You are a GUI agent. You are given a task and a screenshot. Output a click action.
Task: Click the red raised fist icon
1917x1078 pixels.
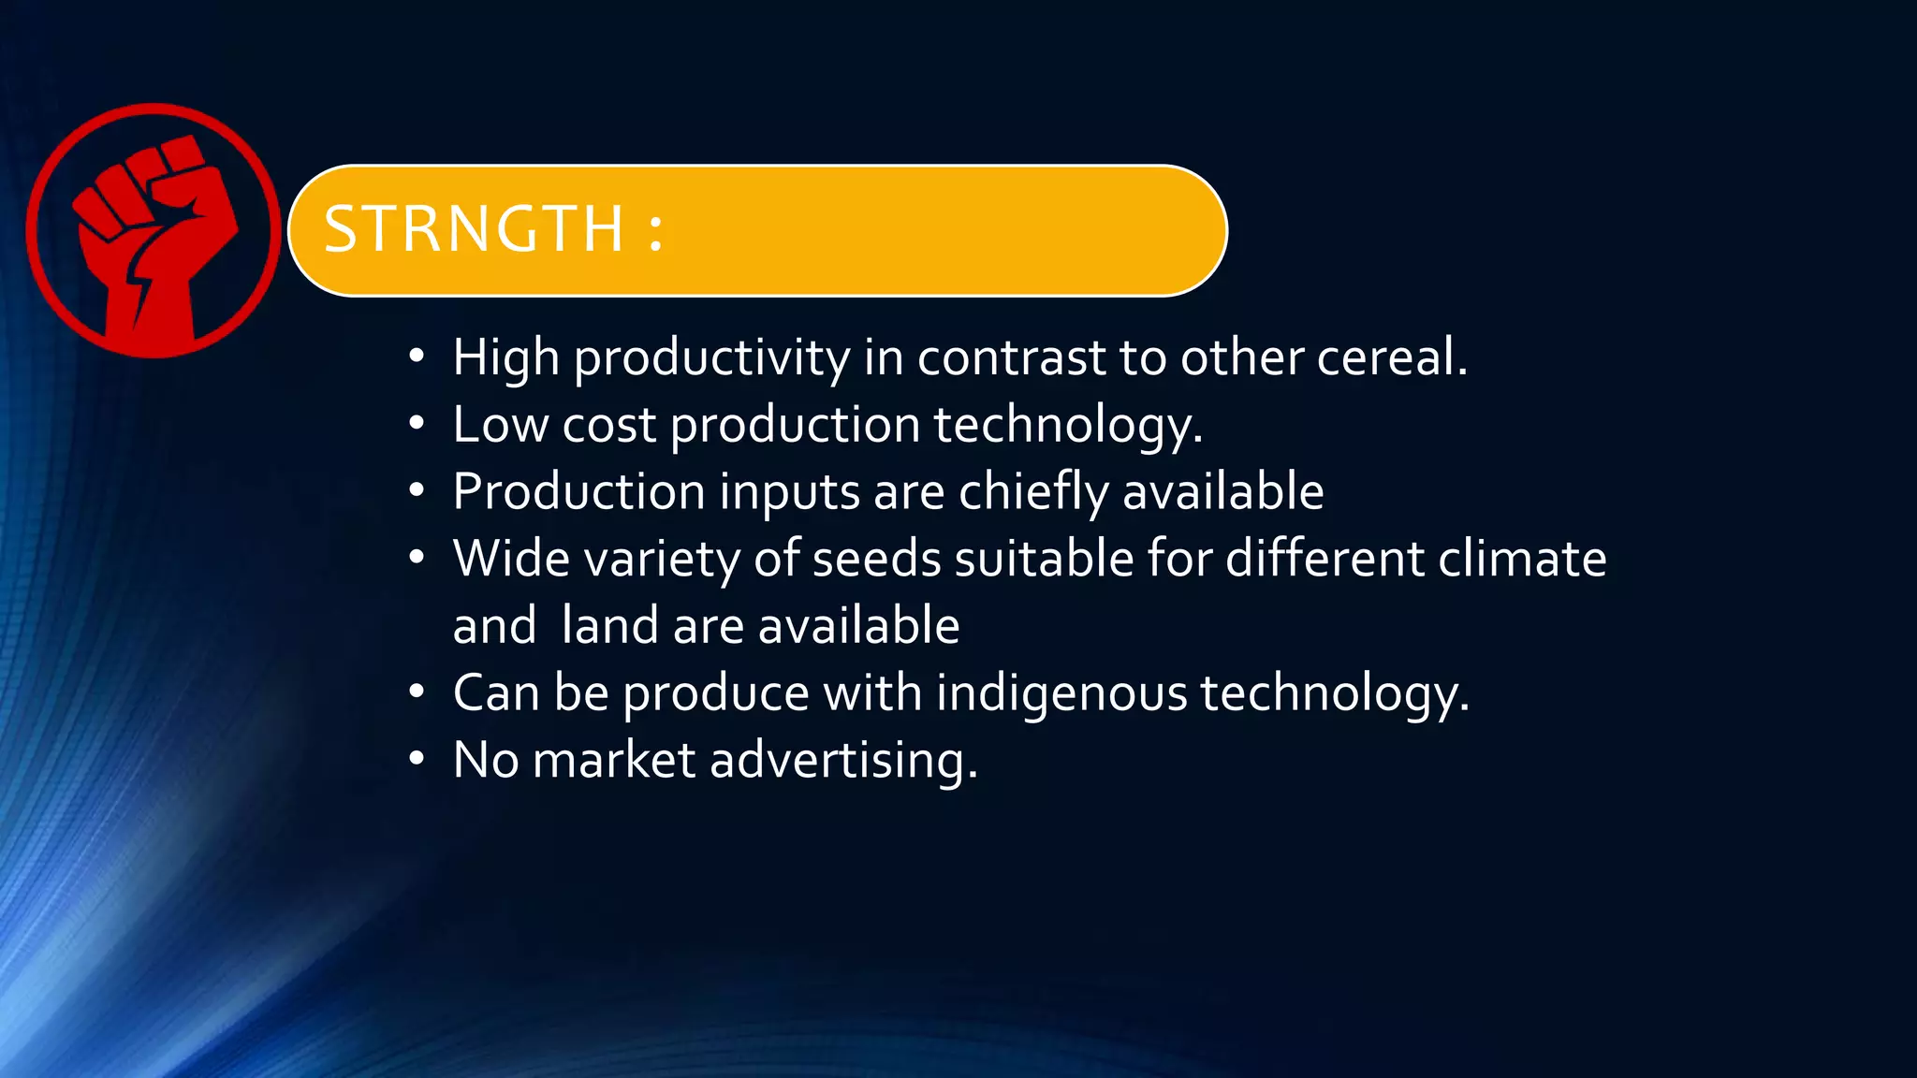coord(154,231)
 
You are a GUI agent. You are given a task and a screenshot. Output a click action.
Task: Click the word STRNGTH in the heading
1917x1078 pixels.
coord(474,229)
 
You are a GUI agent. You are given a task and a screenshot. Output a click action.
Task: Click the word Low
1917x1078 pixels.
coord(500,425)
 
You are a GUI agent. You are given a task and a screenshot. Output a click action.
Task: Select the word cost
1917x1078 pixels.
coord(609,425)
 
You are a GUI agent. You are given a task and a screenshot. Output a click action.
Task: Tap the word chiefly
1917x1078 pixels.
coord(1033,492)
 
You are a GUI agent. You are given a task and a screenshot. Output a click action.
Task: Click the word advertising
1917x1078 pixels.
coord(843,760)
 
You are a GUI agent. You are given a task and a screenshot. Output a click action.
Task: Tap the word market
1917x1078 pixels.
coord(614,760)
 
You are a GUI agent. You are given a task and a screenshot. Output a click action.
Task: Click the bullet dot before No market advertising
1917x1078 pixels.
coord(417,759)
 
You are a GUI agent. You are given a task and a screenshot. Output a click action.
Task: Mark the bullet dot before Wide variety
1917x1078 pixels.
coord(417,559)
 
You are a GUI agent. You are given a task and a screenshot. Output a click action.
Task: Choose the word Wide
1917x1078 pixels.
coord(511,559)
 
